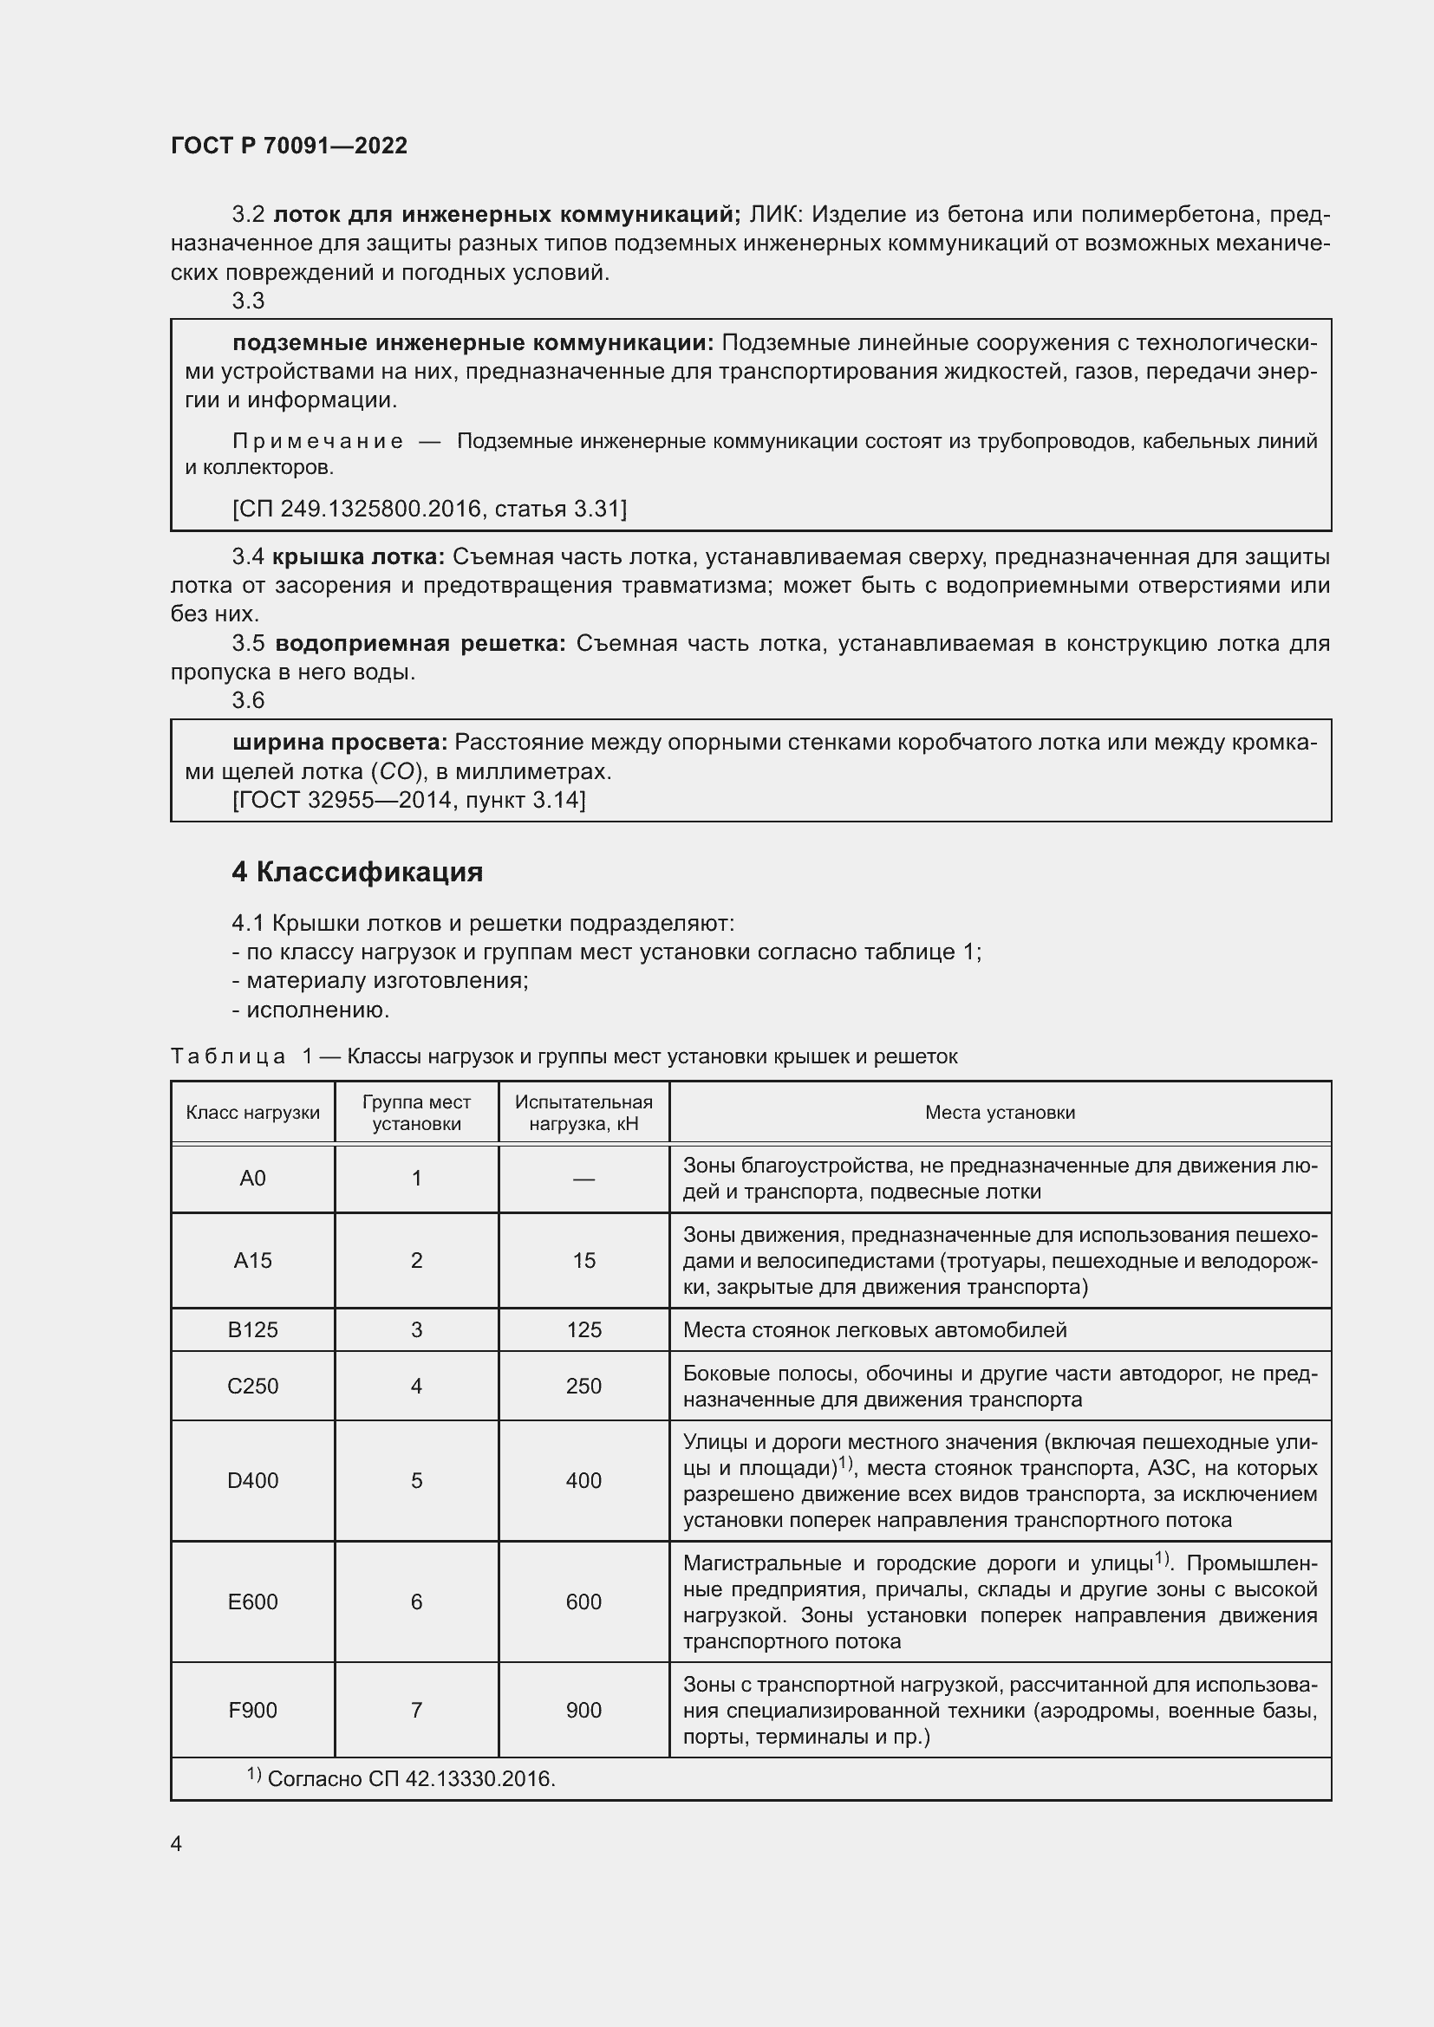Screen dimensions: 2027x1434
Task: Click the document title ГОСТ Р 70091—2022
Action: click(289, 146)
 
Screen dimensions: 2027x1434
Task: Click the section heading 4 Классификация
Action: click(356, 873)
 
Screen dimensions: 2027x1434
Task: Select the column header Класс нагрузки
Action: click(252, 1113)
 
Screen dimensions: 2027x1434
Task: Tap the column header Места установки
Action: click(1000, 1113)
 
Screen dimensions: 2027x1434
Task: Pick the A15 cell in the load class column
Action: click(252, 1260)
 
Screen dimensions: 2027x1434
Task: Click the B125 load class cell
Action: click(252, 1329)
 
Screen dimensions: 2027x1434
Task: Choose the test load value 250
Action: click(583, 1386)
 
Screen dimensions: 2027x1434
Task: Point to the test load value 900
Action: click(583, 1710)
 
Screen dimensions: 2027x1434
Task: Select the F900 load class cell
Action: click(252, 1710)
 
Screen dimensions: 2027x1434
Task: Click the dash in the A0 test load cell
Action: click(583, 1179)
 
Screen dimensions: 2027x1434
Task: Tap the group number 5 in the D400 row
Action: click(417, 1480)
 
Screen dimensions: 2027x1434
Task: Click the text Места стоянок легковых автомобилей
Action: click(874, 1329)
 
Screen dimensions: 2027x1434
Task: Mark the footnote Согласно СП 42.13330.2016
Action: click(411, 1779)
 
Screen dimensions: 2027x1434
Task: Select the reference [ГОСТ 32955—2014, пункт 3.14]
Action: click(409, 800)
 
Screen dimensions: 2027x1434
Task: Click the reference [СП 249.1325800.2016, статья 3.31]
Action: click(429, 509)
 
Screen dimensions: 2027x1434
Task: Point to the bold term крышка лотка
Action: click(357, 557)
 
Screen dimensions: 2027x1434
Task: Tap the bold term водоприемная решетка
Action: click(420, 644)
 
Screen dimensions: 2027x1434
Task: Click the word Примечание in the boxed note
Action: click(318, 441)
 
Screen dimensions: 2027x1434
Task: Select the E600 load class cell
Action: click(252, 1601)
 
